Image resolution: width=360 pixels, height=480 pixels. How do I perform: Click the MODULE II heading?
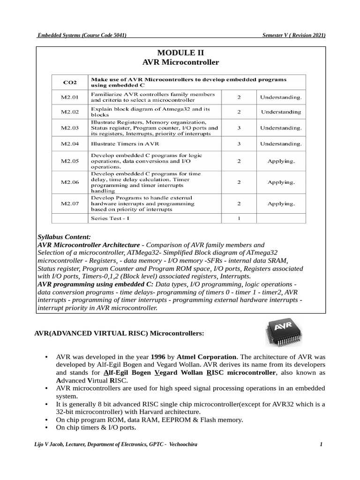(x=180, y=52)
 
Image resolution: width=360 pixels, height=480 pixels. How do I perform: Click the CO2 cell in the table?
(x=70, y=82)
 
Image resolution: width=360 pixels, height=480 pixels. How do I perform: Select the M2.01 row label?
(x=70, y=97)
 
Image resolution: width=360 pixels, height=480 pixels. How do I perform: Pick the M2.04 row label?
(x=70, y=143)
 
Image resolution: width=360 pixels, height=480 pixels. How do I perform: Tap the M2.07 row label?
(x=70, y=204)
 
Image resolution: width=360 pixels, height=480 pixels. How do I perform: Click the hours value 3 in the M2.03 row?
(x=239, y=127)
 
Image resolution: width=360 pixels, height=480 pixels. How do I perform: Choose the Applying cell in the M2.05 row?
(x=281, y=161)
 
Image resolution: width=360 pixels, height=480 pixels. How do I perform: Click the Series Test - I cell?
(x=110, y=218)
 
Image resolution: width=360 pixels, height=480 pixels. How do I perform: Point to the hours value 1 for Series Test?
(x=239, y=218)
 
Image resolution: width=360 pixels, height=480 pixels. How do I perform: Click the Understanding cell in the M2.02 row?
(x=281, y=112)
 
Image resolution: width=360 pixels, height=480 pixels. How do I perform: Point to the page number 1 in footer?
(x=322, y=444)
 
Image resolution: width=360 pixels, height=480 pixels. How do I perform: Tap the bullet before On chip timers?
(x=46, y=428)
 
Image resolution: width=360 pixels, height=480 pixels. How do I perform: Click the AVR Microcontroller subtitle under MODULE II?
(x=180, y=62)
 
